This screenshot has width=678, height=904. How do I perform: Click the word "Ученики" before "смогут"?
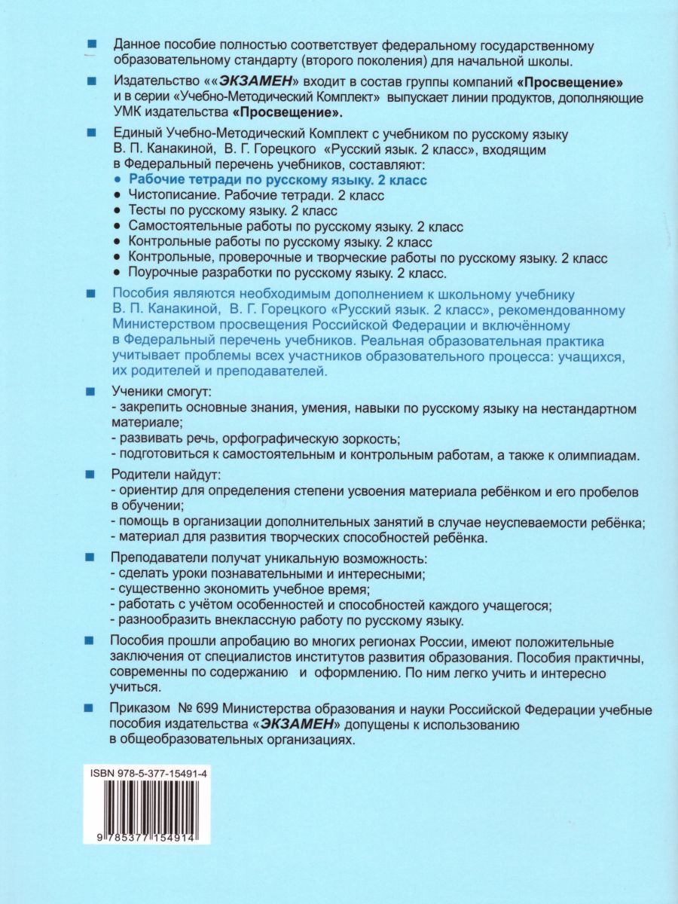click(x=136, y=392)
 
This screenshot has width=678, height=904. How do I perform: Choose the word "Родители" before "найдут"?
click(x=139, y=476)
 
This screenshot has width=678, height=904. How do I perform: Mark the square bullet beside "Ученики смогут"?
click(x=92, y=392)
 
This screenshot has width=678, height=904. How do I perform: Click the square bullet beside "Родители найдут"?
click(x=92, y=476)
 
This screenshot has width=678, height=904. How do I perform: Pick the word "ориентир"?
click(x=144, y=491)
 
